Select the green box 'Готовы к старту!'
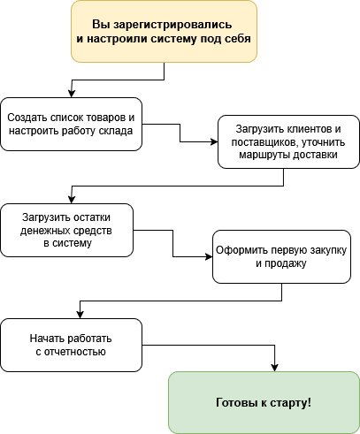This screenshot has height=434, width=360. click(x=264, y=403)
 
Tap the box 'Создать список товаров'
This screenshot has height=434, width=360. click(x=71, y=124)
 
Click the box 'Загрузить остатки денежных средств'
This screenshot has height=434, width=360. click(x=66, y=230)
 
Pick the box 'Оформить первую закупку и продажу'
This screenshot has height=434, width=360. click(x=281, y=256)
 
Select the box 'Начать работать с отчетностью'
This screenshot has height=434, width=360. click(x=71, y=345)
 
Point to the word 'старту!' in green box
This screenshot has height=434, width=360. click(x=292, y=403)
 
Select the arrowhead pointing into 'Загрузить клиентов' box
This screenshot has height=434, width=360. click(x=215, y=141)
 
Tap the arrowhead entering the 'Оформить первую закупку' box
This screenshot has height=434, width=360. click(x=209, y=256)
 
